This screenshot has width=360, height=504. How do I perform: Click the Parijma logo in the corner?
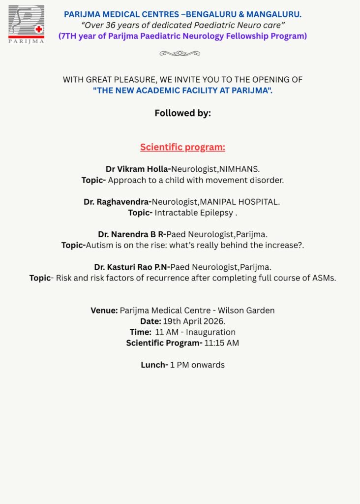click(x=26, y=24)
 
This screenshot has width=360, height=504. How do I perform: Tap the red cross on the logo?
click(x=39, y=29)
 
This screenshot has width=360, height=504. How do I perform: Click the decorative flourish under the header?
click(x=180, y=53)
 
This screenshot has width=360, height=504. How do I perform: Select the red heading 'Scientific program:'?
click(x=182, y=147)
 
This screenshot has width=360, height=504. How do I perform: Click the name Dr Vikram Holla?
click(x=137, y=169)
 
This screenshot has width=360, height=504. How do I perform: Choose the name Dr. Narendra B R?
click(x=132, y=234)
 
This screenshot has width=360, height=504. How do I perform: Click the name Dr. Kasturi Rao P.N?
click(x=131, y=267)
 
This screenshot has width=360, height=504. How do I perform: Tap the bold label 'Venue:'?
click(x=104, y=311)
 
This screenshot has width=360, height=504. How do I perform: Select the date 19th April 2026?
click(x=194, y=321)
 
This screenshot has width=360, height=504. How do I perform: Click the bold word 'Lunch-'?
click(x=154, y=365)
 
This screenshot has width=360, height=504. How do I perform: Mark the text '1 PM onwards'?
click(x=197, y=365)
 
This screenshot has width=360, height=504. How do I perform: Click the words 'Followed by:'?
click(x=182, y=113)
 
